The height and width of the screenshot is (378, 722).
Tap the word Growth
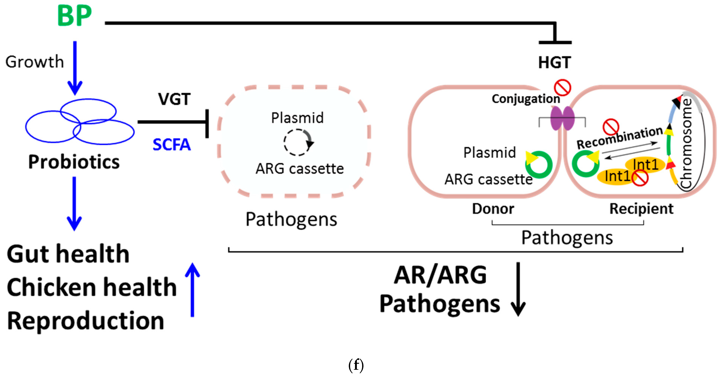35,62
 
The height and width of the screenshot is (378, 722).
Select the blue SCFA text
172,145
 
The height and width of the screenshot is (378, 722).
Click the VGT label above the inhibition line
174,99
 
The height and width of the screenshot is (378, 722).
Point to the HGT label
554,62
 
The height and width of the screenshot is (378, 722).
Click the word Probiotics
74,162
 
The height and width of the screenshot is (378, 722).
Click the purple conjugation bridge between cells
563,118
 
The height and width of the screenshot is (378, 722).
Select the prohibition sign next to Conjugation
562,87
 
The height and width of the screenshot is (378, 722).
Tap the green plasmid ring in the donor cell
539,165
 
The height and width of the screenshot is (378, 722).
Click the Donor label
493,209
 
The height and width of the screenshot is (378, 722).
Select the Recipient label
641,209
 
